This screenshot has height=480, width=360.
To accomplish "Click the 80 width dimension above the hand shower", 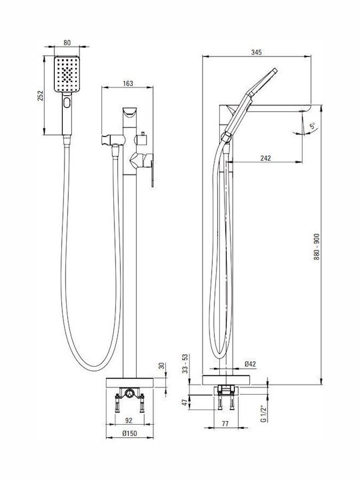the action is pos(67,43).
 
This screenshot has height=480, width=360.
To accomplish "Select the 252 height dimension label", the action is pos(41,95).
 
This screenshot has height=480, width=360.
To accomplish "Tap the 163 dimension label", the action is pos(128,83).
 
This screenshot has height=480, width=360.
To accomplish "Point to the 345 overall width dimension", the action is pos(256,53).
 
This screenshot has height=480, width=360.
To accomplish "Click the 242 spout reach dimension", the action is pos(265,158).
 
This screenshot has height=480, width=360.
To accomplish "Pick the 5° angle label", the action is pos(313,126).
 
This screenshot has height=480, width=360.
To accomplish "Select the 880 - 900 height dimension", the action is pos(317,247).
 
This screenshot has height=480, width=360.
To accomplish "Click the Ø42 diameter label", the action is pos(250,364).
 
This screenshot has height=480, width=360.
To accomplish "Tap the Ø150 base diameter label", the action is pos(129,433).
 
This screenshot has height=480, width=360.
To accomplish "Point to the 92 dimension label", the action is pos(129,420).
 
